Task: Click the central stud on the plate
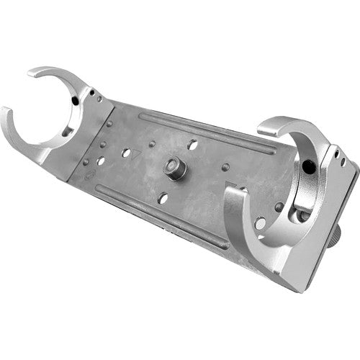click(x=174, y=168)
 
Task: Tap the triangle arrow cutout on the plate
click(x=139, y=152)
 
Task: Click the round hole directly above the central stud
click(x=192, y=145)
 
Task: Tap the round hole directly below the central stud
click(x=162, y=197)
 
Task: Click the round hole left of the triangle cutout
click(x=127, y=153)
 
